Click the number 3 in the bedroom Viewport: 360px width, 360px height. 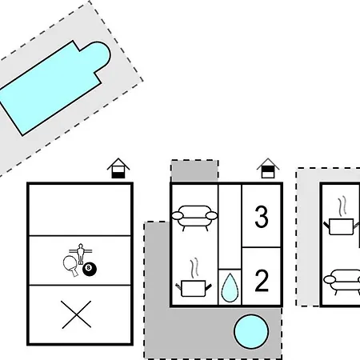[x=262, y=217]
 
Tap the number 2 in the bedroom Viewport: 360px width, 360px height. [x=262, y=280]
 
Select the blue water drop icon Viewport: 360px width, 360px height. [x=230, y=288]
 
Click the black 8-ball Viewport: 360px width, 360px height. [x=90, y=270]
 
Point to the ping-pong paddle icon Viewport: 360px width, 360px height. [x=70, y=265]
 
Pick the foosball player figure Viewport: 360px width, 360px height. [x=80, y=254]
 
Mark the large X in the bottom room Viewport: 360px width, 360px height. [x=76, y=314]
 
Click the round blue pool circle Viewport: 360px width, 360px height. [x=251, y=332]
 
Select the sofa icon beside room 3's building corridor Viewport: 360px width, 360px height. [x=194, y=217]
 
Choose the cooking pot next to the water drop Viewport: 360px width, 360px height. [x=194, y=289]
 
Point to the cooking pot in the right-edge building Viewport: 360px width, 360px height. [x=342, y=226]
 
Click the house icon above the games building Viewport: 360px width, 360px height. [x=118, y=168]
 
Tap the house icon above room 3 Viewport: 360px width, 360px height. [x=268, y=168]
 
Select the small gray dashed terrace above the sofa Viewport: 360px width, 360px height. [x=194, y=170]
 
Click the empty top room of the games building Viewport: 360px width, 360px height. [x=80, y=210]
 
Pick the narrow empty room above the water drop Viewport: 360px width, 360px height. [x=230, y=226]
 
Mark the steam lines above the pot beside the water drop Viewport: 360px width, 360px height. [x=195, y=268]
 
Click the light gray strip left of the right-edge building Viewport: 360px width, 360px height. [x=308, y=238]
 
